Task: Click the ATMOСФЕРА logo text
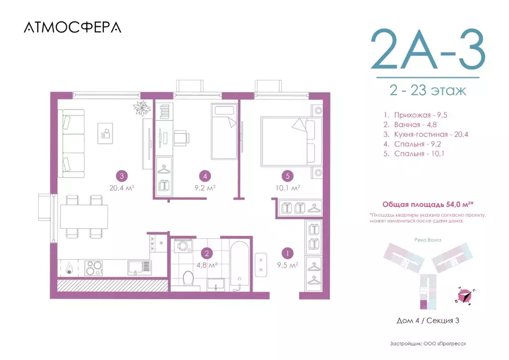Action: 72,27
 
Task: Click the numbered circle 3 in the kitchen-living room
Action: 121,175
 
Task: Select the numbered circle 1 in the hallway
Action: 286,252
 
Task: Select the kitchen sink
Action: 139,268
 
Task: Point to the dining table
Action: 84,217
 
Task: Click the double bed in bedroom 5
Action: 287,141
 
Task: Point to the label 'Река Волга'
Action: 427,240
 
